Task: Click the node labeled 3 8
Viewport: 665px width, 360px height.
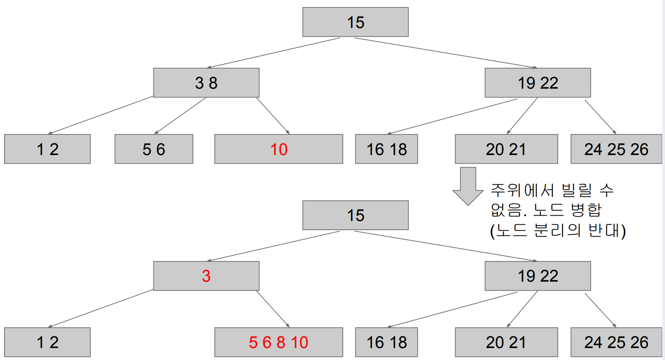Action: pyautogui.click(x=206, y=82)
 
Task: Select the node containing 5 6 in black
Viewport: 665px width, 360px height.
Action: pyautogui.click(x=153, y=149)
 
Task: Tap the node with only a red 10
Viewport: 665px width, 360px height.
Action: pyautogui.click(x=278, y=149)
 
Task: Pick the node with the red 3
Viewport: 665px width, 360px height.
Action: pyautogui.click(x=206, y=276)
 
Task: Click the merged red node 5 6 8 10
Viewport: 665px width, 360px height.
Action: pyautogui.click(x=278, y=342)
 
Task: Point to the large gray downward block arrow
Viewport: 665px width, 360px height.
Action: pyautogui.click(x=468, y=186)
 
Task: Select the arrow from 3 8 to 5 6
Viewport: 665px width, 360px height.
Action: pyautogui.click(x=181, y=115)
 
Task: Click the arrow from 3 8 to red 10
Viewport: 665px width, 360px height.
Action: pyautogui.click(x=273, y=115)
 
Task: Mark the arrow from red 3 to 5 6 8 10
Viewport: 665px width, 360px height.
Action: pyautogui.click(x=273, y=309)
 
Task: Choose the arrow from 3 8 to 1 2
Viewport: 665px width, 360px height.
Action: pyautogui.click(x=101, y=115)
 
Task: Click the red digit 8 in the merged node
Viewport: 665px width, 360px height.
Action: pyautogui.click(x=281, y=342)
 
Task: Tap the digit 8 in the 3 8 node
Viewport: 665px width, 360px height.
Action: pyautogui.click(x=213, y=83)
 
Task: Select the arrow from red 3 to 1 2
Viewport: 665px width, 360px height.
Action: pyautogui.click(x=101, y=308)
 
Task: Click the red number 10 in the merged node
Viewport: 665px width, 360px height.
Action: pyautogui.click(x=299, y=342)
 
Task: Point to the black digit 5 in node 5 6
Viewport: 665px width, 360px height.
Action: pyautogui.click(x=147, y=149)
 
